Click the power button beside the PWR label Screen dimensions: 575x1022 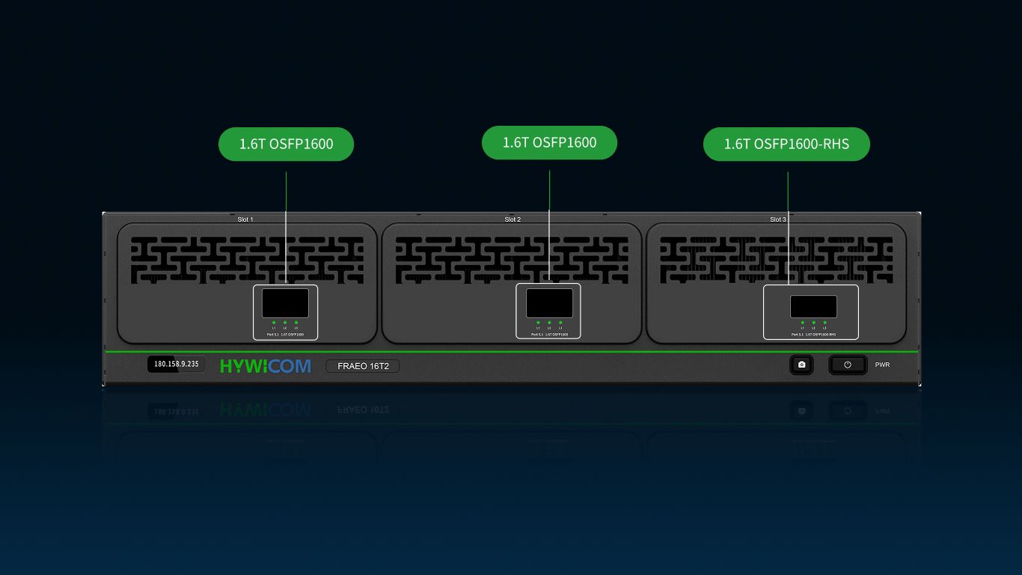click(848, 365)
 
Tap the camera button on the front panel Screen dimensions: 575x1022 click(801, 365)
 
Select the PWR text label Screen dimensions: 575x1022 click(883, 365)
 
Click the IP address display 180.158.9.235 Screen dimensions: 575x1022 click(176, 365)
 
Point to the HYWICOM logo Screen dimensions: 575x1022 click(265, 366)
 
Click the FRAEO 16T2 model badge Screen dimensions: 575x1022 click(363, 366)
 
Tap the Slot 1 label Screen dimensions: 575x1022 click(245, 219)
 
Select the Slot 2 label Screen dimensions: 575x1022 click(512, 219)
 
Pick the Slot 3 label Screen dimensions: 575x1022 click(778, 219)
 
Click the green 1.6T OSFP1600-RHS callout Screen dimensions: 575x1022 click(786, 144)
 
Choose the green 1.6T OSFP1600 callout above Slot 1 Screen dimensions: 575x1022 click(286, 144)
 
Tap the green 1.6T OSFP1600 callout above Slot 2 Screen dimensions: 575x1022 click(549, 142)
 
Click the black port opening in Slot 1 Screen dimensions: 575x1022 click(285, 303)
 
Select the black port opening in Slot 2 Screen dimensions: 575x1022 click(549, 303)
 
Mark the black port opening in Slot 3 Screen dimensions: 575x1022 click(813, 306)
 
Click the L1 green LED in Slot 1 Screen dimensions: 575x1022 click(275, 323)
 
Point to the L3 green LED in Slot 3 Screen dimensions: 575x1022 click(824, 323)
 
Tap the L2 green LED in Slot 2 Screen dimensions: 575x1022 click(549, 323)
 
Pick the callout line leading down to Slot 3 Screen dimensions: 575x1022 click(788, 225)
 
